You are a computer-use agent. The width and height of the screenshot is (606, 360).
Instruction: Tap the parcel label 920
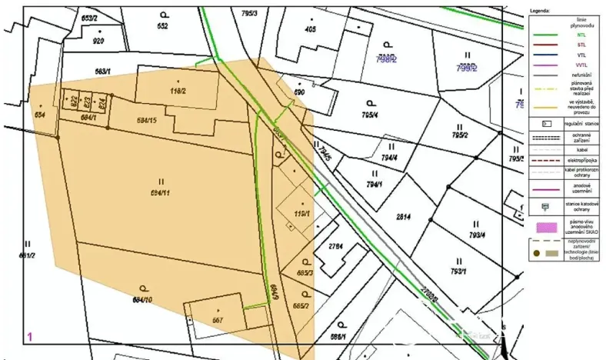pos(98,41)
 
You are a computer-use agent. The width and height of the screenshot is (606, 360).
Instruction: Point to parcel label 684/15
pos(147,120)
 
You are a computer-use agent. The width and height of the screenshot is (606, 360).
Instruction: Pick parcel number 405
pos(310,30)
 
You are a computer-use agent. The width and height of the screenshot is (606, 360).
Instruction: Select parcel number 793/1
pos(459,272)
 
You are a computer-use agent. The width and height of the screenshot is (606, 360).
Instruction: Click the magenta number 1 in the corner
pos(29,336)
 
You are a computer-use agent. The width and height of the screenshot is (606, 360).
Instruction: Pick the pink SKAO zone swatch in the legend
pos(546,228)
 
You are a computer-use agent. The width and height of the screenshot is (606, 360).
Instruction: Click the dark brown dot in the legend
pos(536,253)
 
